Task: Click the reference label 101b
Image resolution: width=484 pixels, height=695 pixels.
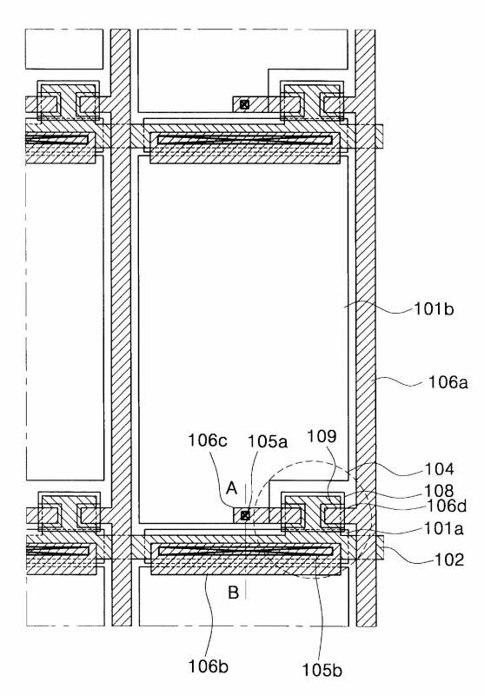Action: point(434,309)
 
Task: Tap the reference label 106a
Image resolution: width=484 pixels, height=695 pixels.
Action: point(448,381)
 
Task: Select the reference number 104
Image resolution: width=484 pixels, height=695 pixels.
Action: point(439,468)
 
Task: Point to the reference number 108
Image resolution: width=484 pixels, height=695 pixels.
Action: point(439,491)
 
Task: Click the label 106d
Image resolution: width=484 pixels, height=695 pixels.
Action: point(447,506)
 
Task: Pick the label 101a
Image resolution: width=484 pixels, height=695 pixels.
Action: point(444,528)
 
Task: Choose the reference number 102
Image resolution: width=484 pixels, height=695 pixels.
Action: point(449,559)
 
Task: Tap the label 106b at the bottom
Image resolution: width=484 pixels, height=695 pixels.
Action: point(209,665)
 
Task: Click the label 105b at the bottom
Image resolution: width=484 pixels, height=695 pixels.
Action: point(322,670)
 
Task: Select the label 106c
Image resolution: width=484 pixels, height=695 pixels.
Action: point(208,440)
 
